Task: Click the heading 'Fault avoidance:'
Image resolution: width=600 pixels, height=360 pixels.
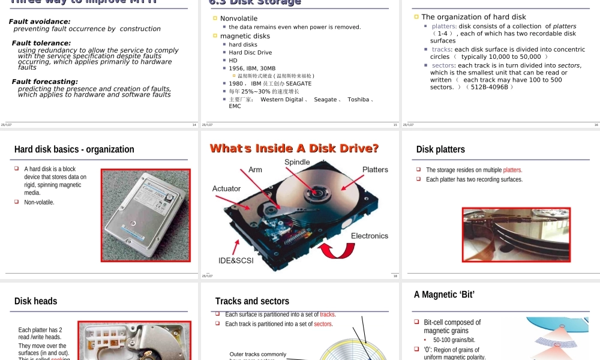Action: tap(40, 22)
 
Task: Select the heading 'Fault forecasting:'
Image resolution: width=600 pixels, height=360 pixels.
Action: tap(45, 82)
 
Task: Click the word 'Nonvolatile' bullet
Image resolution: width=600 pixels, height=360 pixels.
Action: tap(239, 19)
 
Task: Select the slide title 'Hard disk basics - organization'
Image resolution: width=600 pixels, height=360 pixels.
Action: tap(74, 149)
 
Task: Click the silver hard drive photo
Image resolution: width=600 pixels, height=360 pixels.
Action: tap(145, 215)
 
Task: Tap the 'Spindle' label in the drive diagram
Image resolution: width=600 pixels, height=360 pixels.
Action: tap(297, 162)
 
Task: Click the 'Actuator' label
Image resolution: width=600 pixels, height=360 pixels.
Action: tap(226, 188)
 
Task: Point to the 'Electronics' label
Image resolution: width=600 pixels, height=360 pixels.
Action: tap(370, 236)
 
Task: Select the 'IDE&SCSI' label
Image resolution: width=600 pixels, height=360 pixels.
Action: tap(236, 261)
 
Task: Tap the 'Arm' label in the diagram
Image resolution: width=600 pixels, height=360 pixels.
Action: tap(255, 170)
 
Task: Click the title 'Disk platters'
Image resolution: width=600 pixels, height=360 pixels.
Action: tap(440, 149)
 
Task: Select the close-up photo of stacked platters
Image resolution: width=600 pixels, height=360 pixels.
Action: tap(516, 235)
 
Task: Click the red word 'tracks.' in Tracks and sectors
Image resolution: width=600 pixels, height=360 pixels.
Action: tap(328, 314)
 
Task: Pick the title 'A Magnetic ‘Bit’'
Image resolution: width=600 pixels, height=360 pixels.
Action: tap(444, 295)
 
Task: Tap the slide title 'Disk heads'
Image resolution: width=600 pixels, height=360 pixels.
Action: tap(36, 301)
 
